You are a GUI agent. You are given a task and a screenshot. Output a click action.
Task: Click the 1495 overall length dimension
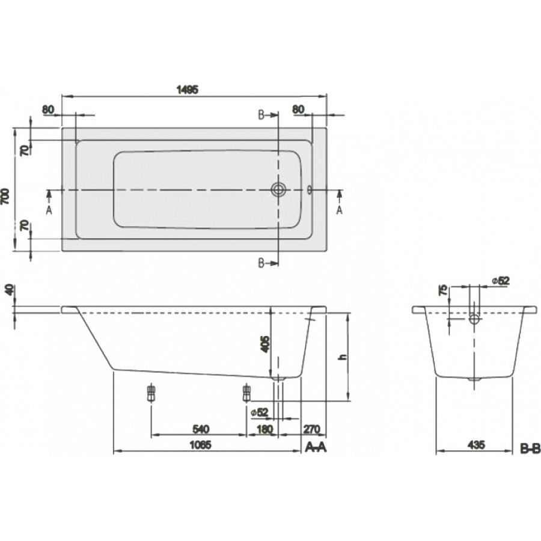188,89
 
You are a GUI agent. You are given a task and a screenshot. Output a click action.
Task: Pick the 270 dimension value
313,429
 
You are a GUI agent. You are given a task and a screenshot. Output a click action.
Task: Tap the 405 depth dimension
264,344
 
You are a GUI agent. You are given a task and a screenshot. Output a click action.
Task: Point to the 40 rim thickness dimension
7,290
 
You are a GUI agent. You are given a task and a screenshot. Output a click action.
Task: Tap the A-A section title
317,447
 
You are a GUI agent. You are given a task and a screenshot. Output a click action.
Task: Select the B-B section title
530,448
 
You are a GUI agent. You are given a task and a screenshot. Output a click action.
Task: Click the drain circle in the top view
278,190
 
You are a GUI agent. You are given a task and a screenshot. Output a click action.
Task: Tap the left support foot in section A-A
150,394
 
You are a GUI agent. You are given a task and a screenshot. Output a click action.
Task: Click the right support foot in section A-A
246,394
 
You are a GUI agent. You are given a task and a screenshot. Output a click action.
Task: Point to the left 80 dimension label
49,109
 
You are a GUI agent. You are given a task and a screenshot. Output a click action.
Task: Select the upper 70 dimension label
25,150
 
